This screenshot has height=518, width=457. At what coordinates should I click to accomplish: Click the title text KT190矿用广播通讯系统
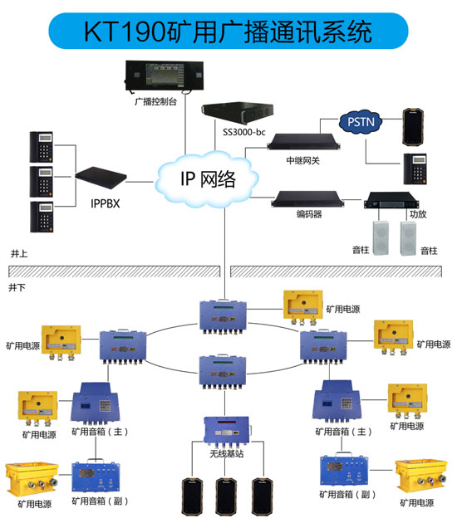[x=228, y=32]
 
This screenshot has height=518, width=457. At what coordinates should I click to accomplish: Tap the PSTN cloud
[x=361, y=124]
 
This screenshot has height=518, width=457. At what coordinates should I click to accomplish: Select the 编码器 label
[x=308, y=214]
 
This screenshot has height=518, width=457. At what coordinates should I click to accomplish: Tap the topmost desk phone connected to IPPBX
[x=42, y=145]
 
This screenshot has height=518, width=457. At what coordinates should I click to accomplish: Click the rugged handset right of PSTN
[x=412, y=124]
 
